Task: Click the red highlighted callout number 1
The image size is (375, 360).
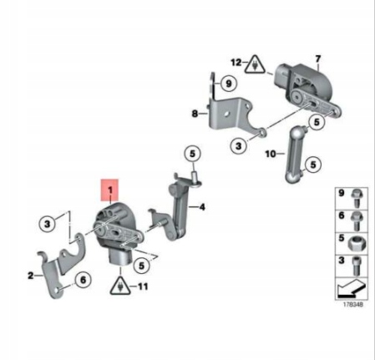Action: (109, 190)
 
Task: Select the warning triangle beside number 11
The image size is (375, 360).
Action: (120, 286)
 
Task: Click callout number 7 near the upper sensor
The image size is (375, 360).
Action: (318, 58)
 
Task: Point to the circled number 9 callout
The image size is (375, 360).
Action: (228, 84)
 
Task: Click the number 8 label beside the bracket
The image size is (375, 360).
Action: (195, 114)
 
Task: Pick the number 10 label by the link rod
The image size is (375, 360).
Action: (270, 154)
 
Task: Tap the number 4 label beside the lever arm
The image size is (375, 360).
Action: (202, 207)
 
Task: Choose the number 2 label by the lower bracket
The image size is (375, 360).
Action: (31, 276)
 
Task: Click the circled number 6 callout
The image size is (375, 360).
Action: (83, 279)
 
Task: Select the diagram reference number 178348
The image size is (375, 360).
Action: (352, 305)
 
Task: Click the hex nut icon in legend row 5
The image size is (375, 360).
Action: (357, 243)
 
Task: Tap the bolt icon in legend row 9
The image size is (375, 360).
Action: (356, 198)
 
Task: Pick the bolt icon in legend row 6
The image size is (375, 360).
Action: (357, 221)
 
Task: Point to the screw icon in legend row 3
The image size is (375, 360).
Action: (356, 266)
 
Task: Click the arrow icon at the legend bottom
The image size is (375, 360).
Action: (351, 289)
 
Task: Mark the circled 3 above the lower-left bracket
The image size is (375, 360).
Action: (47, 224)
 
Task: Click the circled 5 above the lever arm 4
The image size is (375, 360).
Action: (193, 154)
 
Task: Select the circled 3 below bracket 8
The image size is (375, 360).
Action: (239, 145)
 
